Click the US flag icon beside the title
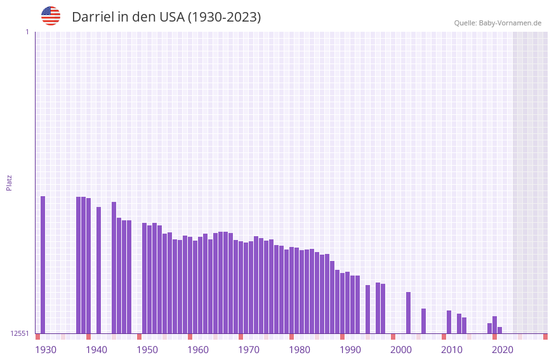[51, 16]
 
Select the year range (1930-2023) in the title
[224, 17]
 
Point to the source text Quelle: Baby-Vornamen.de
[498, 23]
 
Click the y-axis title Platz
[9, 182]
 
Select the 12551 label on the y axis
[20, 333]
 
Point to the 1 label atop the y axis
[27, 32]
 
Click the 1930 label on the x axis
[46, 350]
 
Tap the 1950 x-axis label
[147, 350]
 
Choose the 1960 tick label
[198, 350]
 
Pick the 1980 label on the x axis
[300, 350]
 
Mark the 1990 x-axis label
[350, 350]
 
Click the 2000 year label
[401, 350]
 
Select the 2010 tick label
[452, 350]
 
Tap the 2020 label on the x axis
[503, 350]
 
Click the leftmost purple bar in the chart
[43, 264]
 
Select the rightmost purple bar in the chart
[500, 330]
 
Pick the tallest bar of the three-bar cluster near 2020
[495, 324]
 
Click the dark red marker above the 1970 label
[241, 337]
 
